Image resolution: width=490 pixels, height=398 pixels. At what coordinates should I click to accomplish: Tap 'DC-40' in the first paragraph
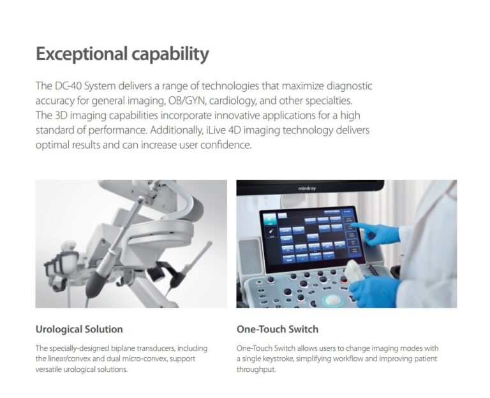point(68,85)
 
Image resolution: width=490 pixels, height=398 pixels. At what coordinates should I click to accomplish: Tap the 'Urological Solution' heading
point(79,329)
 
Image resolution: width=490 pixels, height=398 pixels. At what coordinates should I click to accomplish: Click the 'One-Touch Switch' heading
point(278,329)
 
